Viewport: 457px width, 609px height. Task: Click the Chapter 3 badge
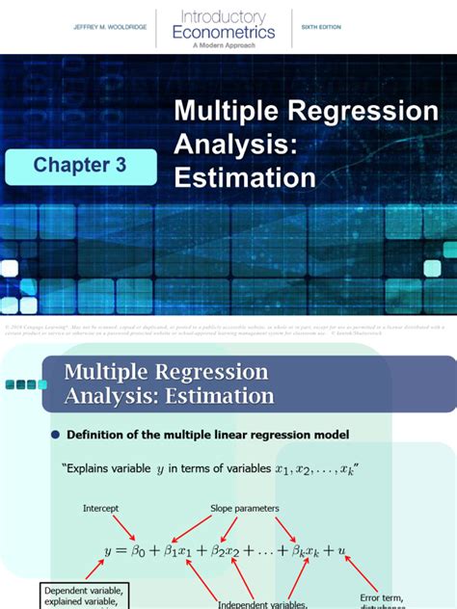[x=80, y=165]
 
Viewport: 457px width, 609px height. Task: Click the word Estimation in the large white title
[x=245, y=177]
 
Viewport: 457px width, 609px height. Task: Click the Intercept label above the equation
[x=102, y=508]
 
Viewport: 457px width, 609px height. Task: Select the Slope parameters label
[x=245, y=508]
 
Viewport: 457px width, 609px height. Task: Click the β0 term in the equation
[x=140, y=550]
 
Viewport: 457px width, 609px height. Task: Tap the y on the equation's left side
[x=108, y=550]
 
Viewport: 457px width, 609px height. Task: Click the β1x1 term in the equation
[x=182, y=550]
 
